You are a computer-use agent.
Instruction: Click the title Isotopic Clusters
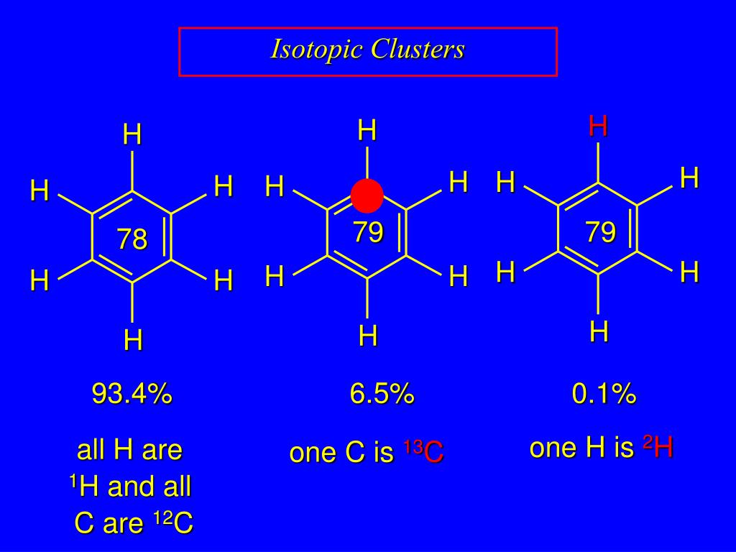(367, 50)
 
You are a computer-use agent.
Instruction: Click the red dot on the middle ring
(367, 196)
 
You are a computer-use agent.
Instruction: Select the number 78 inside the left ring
(132, 239)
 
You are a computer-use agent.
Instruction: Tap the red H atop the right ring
(598, 126)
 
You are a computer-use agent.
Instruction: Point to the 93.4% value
(132, 394)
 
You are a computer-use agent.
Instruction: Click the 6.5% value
(382, 394)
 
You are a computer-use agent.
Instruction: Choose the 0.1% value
(604, 394)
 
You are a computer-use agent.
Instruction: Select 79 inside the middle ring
(368, 233)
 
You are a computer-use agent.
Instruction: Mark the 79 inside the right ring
(600, 233)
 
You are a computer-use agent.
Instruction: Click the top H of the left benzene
(132, 135)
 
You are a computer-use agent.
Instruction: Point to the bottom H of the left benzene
(132, 340)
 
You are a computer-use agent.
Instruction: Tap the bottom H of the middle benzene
(368, 336)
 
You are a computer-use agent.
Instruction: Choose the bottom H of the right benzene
(599, 331)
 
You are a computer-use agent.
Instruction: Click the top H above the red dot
(367, 131)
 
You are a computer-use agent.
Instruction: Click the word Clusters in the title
(418, 50)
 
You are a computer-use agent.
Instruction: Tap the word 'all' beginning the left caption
(91, 451)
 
